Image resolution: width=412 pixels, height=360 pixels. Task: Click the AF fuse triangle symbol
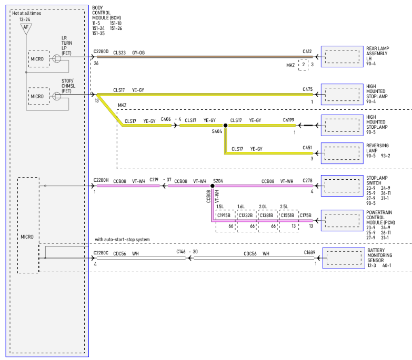pyautogui.click(x=26, y=28)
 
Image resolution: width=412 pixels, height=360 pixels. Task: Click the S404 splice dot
pyautogui.click(x=225, y=126)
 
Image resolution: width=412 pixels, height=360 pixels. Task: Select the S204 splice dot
pyautogui.click(x=212, y=186)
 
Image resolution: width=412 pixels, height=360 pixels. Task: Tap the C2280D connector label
pyautogui.click(x=101, y=52)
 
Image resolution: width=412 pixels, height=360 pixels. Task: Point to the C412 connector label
pyautogui.click(x=307, y=52)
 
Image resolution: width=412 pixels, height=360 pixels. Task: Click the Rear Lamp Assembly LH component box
pyautogui.click(x=342, y=56)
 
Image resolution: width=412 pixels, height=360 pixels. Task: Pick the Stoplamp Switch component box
pyautogui.click(x=342, y=186)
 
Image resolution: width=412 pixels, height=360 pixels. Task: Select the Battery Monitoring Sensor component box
pyautogui.click(x=344, y=258)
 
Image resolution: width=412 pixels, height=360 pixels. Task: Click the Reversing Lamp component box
pyautogui.click(x=342, y=153)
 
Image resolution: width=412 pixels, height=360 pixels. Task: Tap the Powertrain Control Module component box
pyautogui.click(x=342, y=220)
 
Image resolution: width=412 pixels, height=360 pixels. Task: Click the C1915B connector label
pyautogui.click(x=224, y=215)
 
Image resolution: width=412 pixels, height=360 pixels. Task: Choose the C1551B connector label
pyautogui.click(x=287, y=215)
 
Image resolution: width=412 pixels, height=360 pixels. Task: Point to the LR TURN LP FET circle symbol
pyautogui.click(x=57, y=58)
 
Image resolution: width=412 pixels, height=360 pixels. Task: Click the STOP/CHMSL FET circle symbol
pyautogui.click(x=57, y=96)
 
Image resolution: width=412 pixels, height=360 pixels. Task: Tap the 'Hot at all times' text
pyautogui.click(x=26, y=13)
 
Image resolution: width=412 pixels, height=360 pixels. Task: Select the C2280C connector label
pyautogui.click(x=101, y=253)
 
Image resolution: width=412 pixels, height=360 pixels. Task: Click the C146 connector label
pyautogui.click(x=181, y=252)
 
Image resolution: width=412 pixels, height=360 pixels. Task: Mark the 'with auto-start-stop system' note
pyautogui.click(x=122, y=239)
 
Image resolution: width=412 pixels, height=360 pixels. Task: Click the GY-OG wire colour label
pyautogui.click(x=138, y=53)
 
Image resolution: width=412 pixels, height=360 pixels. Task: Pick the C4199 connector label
pyautogui.click(x=288, y=120)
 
